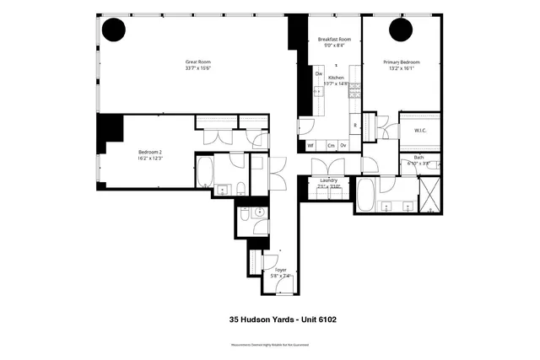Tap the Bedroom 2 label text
[x=150, y=152]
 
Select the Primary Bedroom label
[x=402, y=62]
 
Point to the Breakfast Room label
[x=334, y=40]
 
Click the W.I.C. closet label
[x=419, y=130]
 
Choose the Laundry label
[x=329, y=180]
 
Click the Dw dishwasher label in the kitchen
[x=319, y=74]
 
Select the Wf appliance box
[x=310, y=145]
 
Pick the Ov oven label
[x=343, y=145]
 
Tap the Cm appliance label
[x=331, y=145]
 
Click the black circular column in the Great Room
[x=114, y=31]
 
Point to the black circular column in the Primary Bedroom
[x=400, y=30]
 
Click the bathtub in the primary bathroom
[x=368, y=196]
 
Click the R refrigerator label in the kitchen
[x=355, y=126]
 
